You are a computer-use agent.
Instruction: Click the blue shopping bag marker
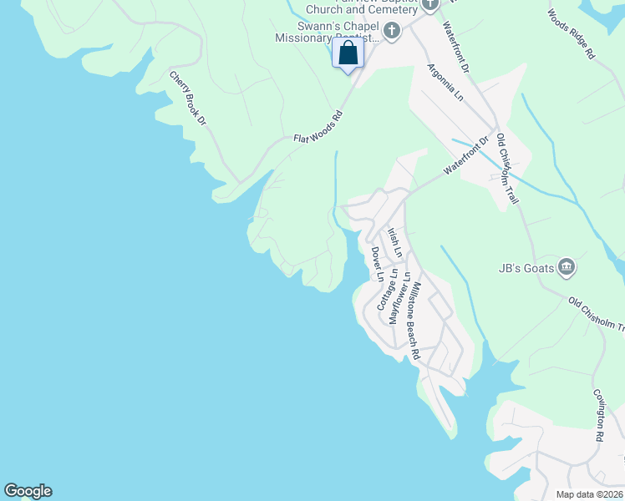pos(348,55)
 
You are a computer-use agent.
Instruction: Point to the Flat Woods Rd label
pos(318,127)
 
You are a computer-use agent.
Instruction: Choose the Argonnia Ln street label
pos(445,83)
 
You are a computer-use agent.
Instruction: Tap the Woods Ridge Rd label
pos(572,33)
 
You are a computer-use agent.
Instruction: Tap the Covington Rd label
pos(599,414)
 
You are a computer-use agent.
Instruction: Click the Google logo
pos(28,491)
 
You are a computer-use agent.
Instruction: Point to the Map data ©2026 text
pos(588,494)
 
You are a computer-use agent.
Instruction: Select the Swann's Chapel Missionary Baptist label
pos(329,32)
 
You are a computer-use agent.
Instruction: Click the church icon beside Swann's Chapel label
pos(391,32)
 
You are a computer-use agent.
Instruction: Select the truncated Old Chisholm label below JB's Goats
pos(597,312)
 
